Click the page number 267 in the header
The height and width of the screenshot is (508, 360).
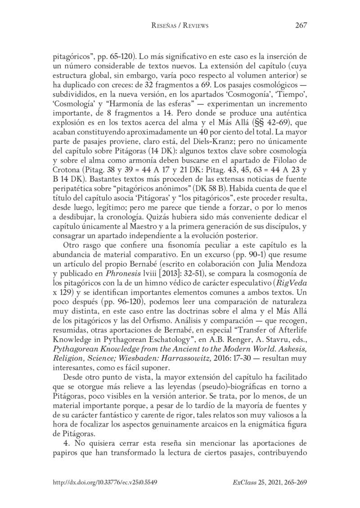coord(301,26)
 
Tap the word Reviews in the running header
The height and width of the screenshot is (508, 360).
coord(193,26)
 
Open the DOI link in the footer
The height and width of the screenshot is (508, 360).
coord(105,481)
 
